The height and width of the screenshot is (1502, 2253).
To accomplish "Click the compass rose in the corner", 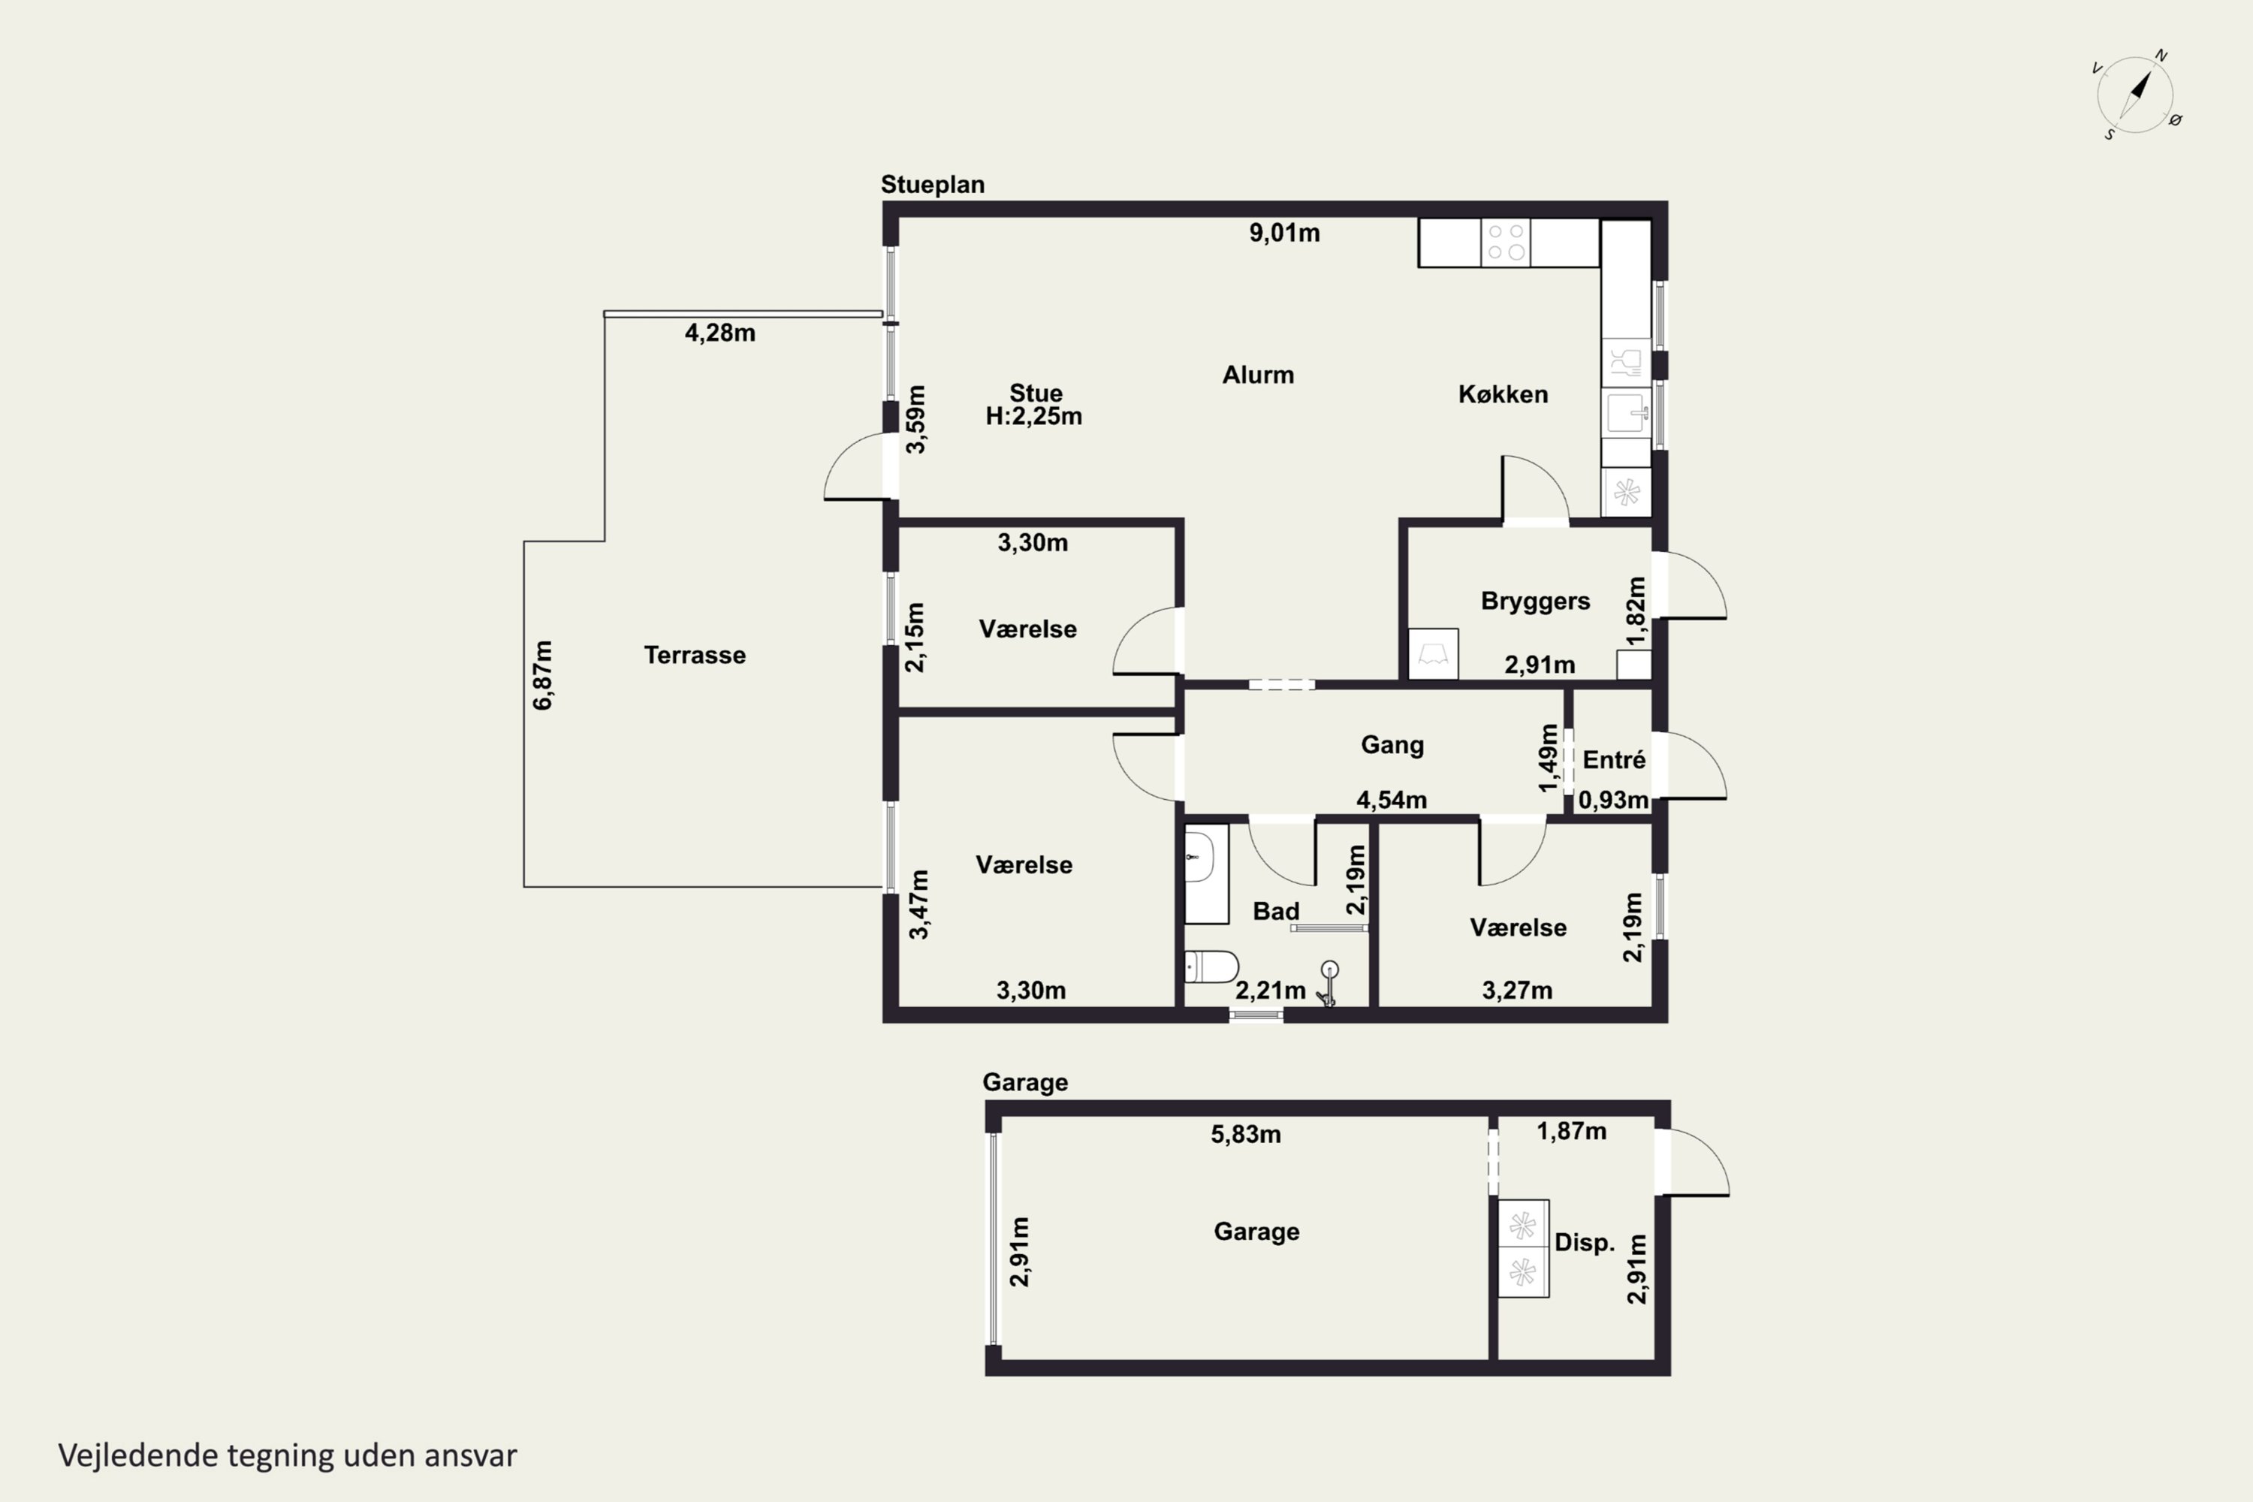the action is pos(2135,95).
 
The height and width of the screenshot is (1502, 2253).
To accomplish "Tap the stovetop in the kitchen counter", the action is pos(1505,243).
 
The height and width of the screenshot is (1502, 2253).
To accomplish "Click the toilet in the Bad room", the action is pos(1212,967).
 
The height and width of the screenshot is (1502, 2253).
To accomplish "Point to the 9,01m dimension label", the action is pos(1284,233).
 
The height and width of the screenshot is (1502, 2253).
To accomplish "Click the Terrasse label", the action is pos(695,655).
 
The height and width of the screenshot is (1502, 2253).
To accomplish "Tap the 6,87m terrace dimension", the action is pos(543,675).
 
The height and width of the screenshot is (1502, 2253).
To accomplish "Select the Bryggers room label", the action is pos(1536,602).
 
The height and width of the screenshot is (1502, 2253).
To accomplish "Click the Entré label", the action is pos(1614,759).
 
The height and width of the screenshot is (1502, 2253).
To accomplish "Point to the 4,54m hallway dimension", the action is pos(1392,800).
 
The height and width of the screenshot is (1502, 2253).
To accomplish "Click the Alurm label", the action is pos(1258,375).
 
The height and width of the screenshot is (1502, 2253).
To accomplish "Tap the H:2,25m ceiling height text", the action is pos(1033,417).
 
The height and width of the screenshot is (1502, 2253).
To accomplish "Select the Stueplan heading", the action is pos(933,184).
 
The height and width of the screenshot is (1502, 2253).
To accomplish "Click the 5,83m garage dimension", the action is pos(1246,1134).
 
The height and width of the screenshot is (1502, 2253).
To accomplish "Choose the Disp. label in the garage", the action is pos(1585,1242).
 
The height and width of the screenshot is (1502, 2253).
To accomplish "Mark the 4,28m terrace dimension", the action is pos(720,333).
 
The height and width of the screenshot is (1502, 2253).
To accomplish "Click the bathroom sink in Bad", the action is pos(1201,856).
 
